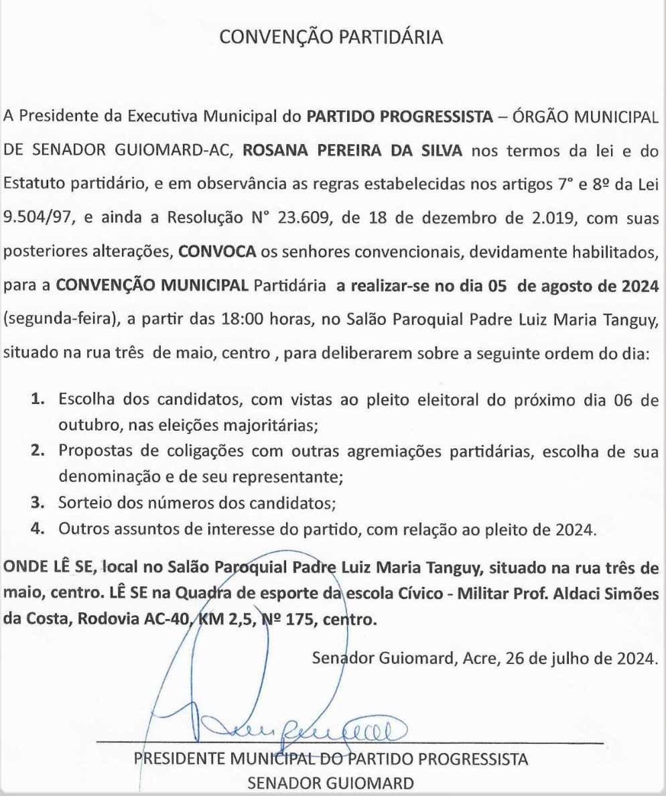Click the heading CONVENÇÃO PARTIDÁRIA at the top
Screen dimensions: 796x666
(332, 38)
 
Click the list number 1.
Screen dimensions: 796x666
(39, 401)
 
